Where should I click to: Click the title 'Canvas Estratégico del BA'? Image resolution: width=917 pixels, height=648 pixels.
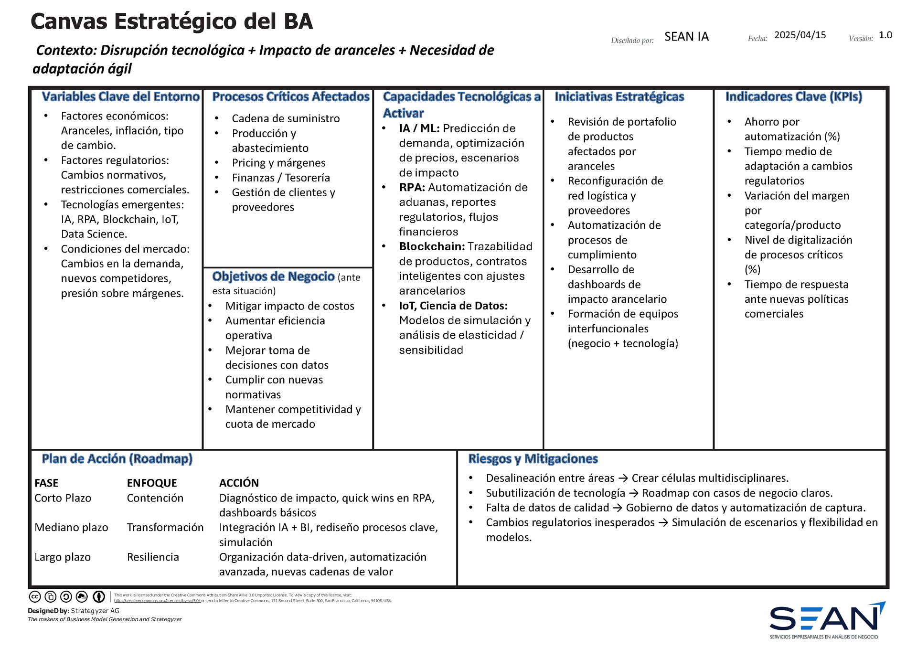(171, 22)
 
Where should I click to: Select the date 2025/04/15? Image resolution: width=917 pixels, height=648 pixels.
(800, 35)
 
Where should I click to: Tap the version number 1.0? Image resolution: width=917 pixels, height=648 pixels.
(885, 35)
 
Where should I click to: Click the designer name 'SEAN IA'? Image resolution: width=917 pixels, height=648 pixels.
(686, 37)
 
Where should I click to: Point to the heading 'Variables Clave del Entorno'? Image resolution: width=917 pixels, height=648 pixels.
(120, 97)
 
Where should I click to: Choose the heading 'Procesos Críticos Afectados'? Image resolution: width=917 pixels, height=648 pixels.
(291, 97)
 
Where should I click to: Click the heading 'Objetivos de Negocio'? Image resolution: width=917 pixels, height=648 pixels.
(273, 276)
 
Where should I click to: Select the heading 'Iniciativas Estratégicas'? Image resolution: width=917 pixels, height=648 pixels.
(619, 97)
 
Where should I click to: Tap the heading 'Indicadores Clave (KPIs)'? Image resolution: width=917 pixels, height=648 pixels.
(794, 97)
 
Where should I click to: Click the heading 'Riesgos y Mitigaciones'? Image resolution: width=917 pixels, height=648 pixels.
(533, 459)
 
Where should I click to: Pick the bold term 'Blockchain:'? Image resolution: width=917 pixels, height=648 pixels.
(432, 247)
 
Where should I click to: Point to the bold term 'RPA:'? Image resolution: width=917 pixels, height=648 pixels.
(412, 188)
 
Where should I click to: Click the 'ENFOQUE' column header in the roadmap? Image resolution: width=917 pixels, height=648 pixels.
(152, 483)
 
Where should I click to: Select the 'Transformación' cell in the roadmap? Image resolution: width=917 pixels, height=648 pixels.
(165, 528)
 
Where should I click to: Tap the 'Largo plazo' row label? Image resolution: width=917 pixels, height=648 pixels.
(63, 557)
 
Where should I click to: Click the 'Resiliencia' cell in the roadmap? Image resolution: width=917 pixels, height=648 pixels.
(153, 557)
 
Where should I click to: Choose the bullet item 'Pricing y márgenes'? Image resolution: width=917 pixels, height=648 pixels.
(278, 163)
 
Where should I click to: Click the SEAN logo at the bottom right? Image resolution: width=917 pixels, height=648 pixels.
(827, 620)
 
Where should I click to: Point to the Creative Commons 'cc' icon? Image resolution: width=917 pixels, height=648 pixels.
(35, 597)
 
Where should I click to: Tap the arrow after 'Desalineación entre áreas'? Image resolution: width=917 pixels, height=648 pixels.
(623, 478)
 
